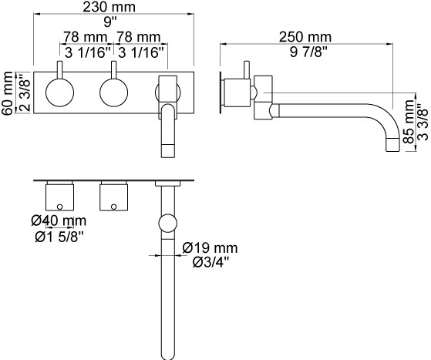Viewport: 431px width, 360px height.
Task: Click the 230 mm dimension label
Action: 109,7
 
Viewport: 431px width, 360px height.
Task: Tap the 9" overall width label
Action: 110,22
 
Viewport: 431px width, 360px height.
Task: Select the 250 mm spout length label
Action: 305,37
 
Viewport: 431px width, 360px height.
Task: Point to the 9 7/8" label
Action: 308,52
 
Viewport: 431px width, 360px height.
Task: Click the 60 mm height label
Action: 7,93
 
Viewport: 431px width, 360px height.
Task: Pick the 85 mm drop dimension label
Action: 409,122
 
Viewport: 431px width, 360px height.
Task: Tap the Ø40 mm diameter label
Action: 59,220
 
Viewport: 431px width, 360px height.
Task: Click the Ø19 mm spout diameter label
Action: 210,248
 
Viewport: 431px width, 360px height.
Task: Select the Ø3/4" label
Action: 210,263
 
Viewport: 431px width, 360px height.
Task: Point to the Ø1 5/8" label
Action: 59,237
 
